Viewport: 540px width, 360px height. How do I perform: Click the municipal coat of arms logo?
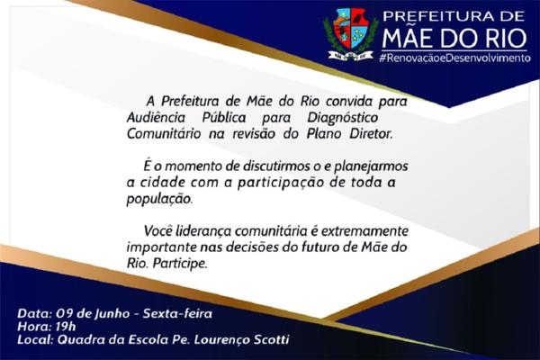tap(351, 34)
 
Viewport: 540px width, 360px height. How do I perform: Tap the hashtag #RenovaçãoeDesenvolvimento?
tap(454, 58)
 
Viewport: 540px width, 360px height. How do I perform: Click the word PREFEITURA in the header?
tap(434, 16)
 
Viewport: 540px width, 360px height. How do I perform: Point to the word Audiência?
tap(156, 118)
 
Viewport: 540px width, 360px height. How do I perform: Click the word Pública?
tap(224, 118)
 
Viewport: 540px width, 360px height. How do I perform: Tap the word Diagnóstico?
tap(342, 118)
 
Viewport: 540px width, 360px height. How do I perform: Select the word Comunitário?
tap(164, 134)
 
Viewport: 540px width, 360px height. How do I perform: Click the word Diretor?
tap(371, 134)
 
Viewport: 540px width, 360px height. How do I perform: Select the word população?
tap(160, 200)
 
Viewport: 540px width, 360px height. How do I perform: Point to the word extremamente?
tap(364, 230)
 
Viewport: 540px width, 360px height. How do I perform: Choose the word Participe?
tap(180, 264)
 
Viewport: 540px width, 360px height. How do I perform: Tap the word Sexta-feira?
tap(177, 313)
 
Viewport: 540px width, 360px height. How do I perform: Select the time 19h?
tap(66, 326)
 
